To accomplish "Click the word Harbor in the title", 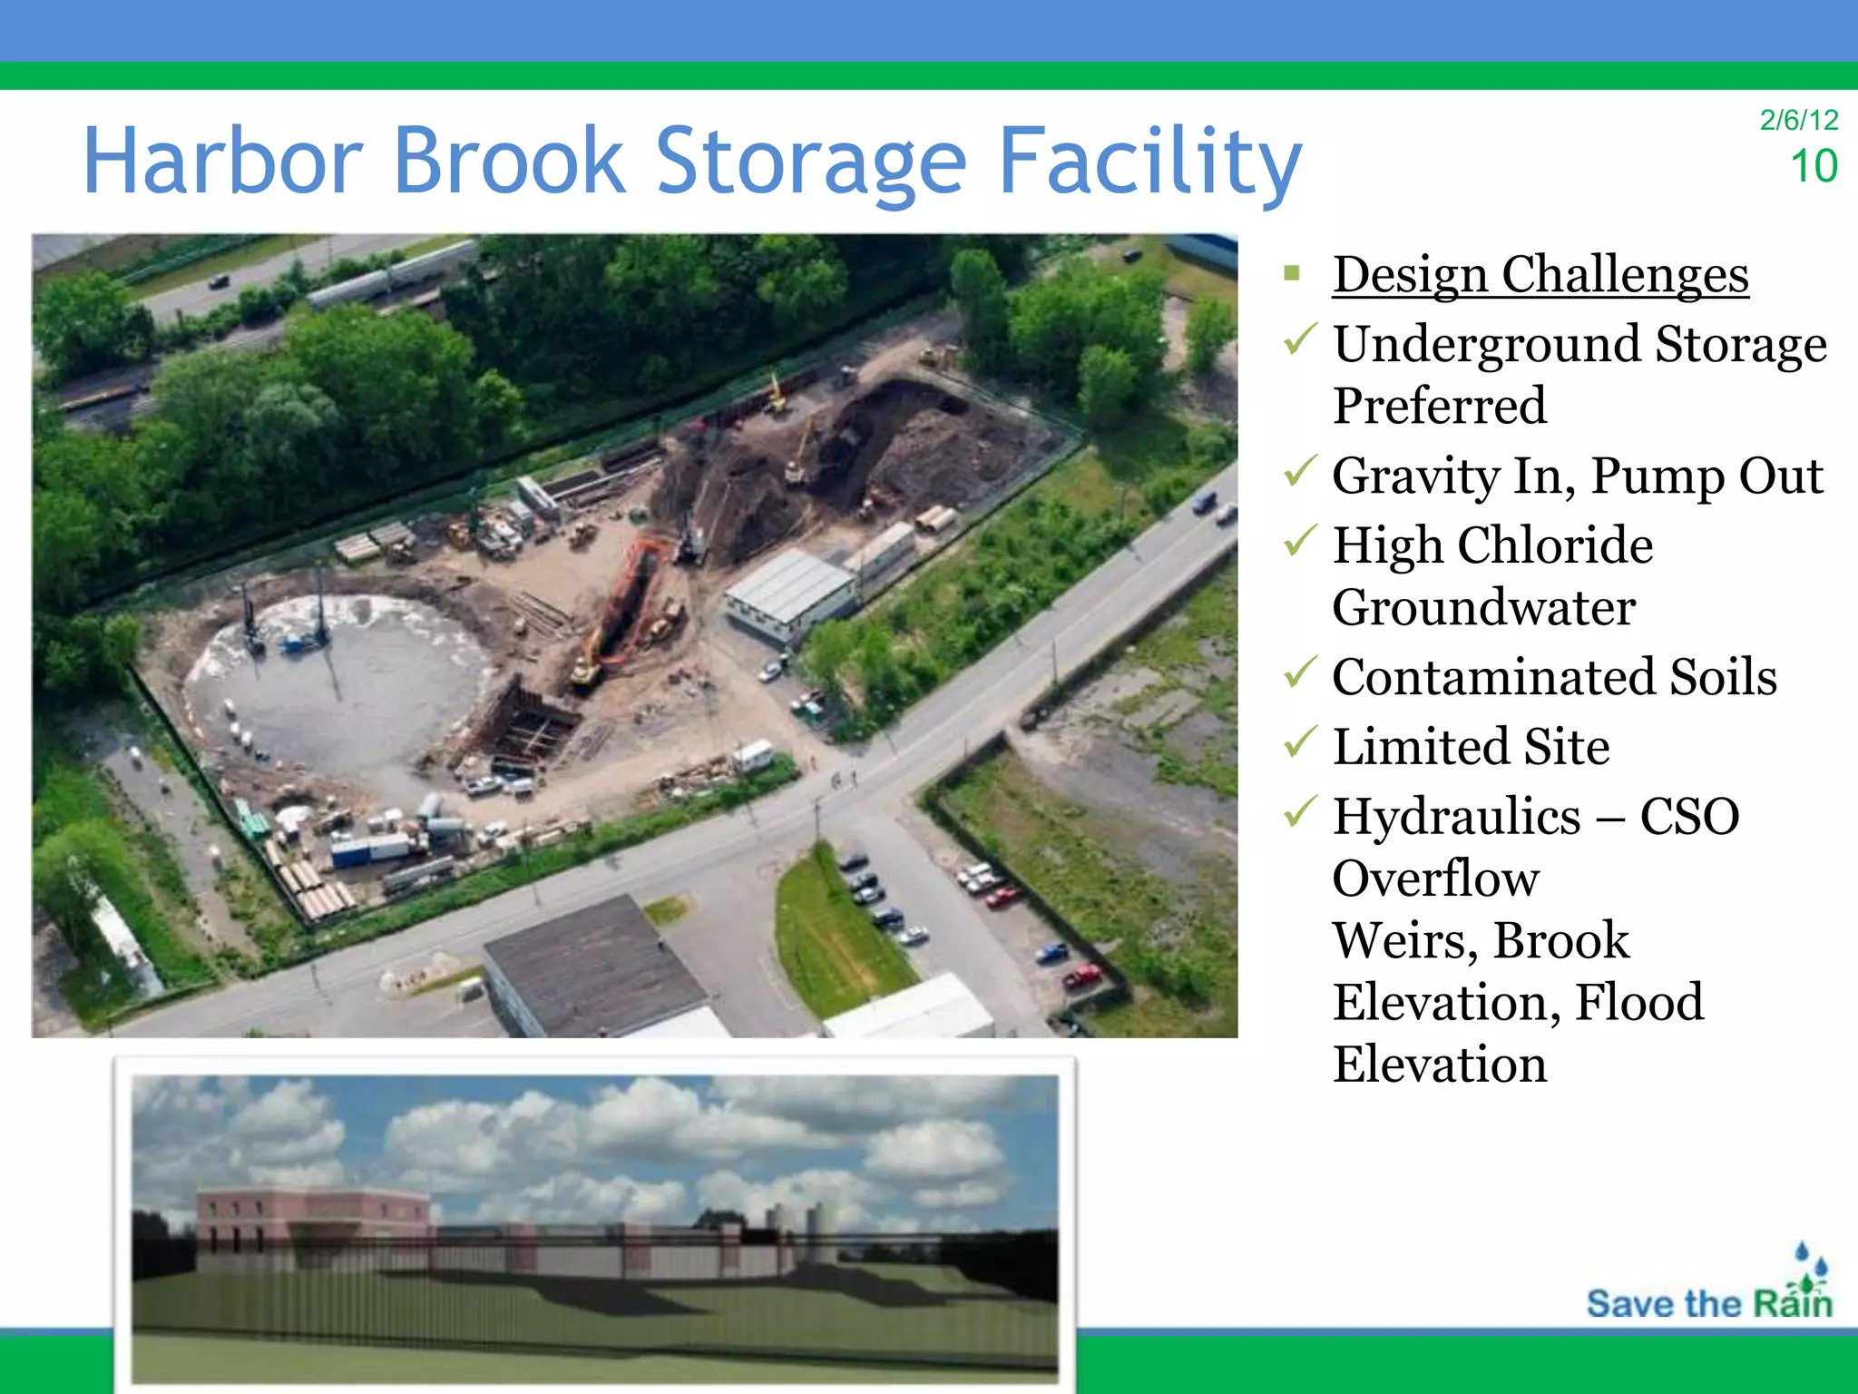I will click(x=222, y=162).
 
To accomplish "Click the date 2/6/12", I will click(x=1798, y=120).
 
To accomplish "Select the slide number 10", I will click(x=1813, y=166).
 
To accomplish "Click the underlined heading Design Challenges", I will click(x=1540, y=274).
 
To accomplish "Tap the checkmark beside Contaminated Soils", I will click(x=1300, y=673).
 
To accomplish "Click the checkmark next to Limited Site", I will click(x=1300, y=743).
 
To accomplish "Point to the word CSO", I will click(x=1689, y=816).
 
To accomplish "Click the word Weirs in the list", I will click(x=1403, y=940).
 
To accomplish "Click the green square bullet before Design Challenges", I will click(x=1293, y=273).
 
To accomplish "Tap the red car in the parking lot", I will click(x=1081, y=977).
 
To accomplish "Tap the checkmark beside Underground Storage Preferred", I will click(x=1300, y=340).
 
